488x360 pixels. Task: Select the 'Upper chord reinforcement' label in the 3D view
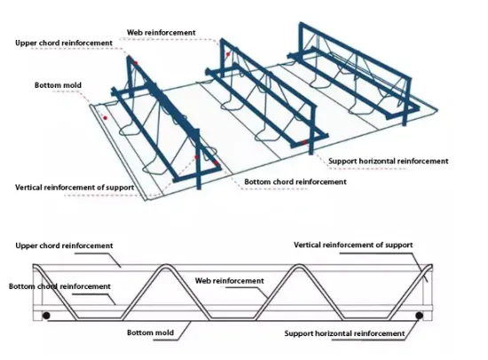coord(64,42)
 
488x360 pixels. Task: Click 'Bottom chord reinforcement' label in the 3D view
coord(295,181)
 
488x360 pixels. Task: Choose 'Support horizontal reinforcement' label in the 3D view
coord(388,161)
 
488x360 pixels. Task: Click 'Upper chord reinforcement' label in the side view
coord(64,245)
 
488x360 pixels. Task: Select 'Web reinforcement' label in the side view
coord(229,280)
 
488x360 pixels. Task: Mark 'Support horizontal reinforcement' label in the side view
coord(344,333)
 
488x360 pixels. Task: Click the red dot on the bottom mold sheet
coord(105,117)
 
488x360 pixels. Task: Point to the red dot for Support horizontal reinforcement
coord(306,142)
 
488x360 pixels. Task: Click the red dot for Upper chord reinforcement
coord(136,63)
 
